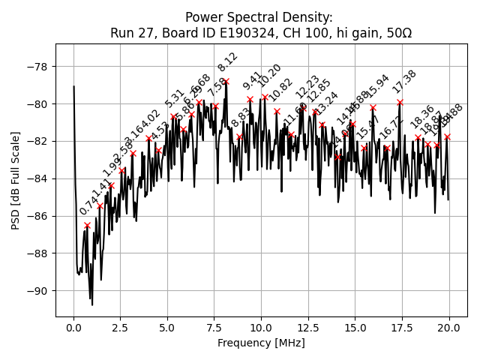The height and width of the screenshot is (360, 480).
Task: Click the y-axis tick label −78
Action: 38,66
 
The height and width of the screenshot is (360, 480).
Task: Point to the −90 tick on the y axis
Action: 38,291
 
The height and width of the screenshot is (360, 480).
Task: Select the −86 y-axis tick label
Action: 38,216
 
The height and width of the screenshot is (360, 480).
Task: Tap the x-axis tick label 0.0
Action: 73,328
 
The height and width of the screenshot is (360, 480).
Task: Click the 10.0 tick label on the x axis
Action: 261,328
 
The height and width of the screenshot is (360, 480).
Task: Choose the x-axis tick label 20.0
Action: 449,328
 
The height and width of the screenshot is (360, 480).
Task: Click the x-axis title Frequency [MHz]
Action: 261,343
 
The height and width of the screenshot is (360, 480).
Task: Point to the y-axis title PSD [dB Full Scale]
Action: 16,180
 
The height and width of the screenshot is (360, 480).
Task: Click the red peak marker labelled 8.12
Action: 226,81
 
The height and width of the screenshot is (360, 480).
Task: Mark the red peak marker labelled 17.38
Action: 400,102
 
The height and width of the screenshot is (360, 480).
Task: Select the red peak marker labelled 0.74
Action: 87,225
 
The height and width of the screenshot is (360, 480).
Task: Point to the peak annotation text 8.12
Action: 228,61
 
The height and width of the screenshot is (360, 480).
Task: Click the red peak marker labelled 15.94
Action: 373,107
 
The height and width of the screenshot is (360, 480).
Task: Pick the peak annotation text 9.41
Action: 252,80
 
